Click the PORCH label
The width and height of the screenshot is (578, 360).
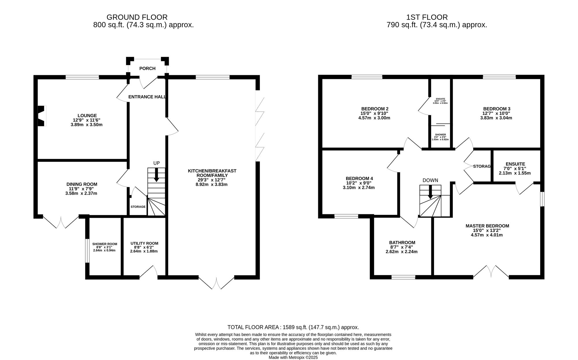[x=147, y=69]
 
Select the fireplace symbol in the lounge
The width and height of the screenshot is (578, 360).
[x=42, y=116]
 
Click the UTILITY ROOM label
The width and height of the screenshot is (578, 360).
[x=144, y=243]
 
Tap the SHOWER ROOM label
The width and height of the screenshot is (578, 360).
[x=105, y=244]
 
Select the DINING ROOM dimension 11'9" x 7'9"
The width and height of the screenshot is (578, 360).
[x=81, y=189]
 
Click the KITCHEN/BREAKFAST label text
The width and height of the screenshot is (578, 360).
[x=212, y=171]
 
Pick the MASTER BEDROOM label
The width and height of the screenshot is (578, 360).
[x=487, y=226]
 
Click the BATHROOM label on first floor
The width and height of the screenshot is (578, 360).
[x=402, y=243]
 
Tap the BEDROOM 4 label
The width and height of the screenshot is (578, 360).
[x=361, y=178]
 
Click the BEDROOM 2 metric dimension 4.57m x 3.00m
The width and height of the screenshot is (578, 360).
[x=375, y=118]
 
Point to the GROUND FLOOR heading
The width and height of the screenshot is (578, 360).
[x=137, y=17]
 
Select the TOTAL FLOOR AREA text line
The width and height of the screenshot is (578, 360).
[x=293, y=327]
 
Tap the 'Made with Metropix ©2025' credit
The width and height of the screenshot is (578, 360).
[x=293, y=357]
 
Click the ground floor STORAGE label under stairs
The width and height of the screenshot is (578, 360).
[x=138, y=207]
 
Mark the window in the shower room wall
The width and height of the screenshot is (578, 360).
[x=87, y=251]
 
